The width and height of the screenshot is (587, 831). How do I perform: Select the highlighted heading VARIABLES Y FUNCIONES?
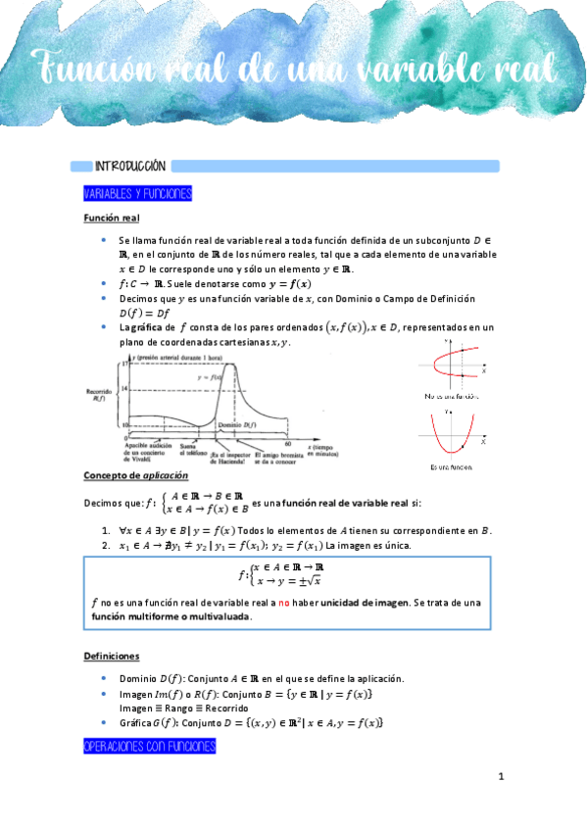(137, 194)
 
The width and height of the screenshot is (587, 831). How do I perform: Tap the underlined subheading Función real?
(112, 218)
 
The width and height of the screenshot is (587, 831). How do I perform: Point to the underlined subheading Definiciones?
(112, 657)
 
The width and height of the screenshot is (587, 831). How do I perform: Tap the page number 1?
(501, 778)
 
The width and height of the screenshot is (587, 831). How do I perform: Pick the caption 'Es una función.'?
(453, 467)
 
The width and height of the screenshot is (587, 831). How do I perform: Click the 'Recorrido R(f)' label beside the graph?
(96, 394)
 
